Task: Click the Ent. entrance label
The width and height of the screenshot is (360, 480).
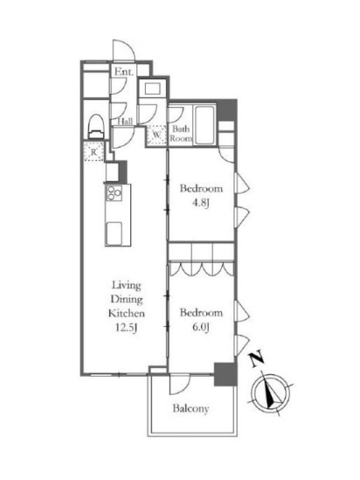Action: tap(124, 72)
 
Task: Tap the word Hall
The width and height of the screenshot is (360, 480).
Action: tap(125, 121)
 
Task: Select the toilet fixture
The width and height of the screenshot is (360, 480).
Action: tap(96, 127)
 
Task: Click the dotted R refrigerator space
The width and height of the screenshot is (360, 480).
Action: tap(94, 152)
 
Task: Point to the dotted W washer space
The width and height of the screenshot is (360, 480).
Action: tap(157, 134)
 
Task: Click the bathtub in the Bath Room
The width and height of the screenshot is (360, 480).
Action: tap(205, 125)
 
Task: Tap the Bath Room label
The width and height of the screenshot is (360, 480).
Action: tap(181, 133)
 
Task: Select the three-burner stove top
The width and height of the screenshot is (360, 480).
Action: tap(114, 193)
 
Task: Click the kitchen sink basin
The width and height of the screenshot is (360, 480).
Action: tap(114, 233)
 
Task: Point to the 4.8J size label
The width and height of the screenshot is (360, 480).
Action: tap(201, 203)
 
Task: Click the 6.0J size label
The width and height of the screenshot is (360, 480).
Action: tap(201, 328)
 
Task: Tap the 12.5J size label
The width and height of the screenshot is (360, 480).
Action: tap(126, 328)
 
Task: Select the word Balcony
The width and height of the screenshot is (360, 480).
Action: tap(191, 409)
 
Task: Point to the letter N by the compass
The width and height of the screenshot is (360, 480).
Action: tap(257, 359)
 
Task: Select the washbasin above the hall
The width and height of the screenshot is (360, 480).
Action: tap(152, 89)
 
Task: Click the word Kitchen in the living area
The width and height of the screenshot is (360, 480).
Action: tap(127, 313)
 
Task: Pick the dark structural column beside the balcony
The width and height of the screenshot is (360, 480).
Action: tap(226, 374)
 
